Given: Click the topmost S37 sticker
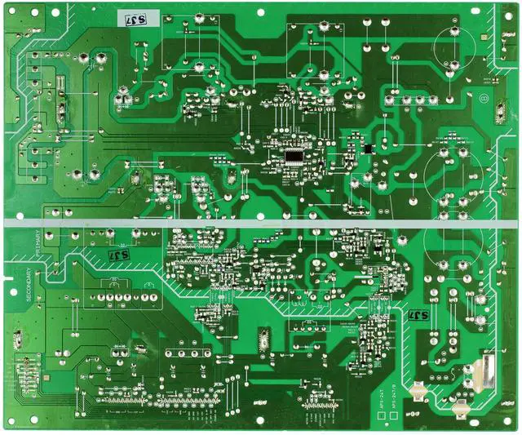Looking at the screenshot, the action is [x=128, y=17].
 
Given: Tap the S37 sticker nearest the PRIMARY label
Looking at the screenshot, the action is [x=119, y=256].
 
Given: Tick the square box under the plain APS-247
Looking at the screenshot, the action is [x=382, y=415].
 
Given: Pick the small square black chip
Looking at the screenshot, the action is [x=366, y=148].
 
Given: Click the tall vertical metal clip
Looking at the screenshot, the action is [x=488, y=371].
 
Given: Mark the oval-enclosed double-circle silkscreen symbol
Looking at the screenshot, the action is [x=483, y=99].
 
